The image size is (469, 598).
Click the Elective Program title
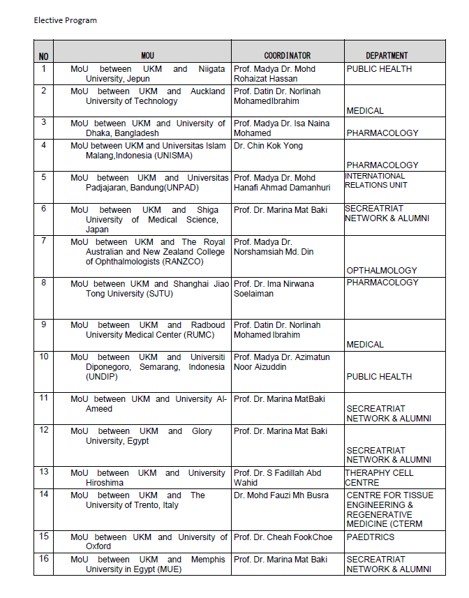click(x=65, y=20)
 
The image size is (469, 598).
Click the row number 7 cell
click(x=43, y=241)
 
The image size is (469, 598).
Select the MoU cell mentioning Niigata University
click(x=147, y=74)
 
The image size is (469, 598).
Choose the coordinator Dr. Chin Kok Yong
click(x=268, y=146)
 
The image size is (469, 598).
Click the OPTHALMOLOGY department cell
click(x=382, y=270)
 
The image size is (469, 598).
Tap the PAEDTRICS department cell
click(x=370, y=537)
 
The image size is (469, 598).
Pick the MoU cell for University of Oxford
click(x=147, y=541)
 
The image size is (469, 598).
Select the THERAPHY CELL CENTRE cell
click(x=379, y=477)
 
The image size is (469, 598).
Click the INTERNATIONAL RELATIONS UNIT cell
click(x=375, y=181)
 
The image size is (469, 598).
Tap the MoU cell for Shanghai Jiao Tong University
click(x=147, y=288)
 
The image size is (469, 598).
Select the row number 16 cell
click(x=43, y=560)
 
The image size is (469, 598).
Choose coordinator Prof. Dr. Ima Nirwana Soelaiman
click(x=274, y=288)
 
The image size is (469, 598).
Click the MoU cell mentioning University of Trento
click(x=147, y=500)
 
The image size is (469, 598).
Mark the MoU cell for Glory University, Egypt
click(x=147, y=436)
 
